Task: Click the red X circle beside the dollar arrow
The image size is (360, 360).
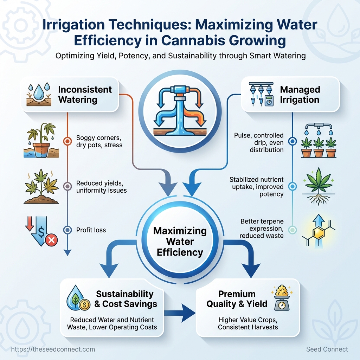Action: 51,240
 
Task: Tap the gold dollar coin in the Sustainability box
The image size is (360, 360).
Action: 84,305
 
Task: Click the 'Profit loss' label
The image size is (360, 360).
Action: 91,230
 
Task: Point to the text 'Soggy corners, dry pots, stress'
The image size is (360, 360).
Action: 99,141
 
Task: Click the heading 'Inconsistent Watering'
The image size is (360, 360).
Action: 85,95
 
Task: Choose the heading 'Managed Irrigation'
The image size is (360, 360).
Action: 300,95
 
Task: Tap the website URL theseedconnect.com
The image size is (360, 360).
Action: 53,349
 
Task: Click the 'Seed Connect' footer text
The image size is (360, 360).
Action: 327,349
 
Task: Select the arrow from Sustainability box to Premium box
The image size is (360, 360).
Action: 180,313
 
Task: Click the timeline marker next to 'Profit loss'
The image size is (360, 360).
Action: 67,230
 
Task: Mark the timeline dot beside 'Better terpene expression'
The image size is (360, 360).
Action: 292,230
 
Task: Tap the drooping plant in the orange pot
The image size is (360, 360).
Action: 41,140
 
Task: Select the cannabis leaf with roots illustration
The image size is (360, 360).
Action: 319,186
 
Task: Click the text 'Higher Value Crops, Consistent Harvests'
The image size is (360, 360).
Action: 248,323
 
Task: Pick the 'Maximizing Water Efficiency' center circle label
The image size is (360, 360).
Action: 180,242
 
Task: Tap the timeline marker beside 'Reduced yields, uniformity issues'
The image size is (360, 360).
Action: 67,186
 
